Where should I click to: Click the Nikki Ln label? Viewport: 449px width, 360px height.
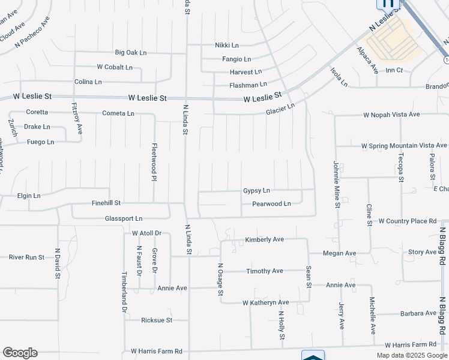click(227, 46)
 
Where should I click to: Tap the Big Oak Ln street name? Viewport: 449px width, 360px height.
click(131, 53)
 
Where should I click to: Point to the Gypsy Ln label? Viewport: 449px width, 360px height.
click(256, 191)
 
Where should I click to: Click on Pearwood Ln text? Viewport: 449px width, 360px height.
click(271, 204)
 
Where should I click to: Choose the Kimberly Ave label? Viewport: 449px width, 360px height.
click(264, 239)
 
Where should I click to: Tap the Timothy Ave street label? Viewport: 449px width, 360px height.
click(264, 271)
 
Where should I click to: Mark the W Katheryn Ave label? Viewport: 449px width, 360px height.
click(266, 302)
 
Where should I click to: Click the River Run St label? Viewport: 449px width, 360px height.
click(26, 257)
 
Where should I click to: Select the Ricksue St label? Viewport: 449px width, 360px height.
click(157, 320)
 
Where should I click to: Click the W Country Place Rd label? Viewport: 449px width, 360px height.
click(407, 221)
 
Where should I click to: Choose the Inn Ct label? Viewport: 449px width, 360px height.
click(394, 70)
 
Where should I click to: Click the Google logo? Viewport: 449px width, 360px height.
click(20, 353)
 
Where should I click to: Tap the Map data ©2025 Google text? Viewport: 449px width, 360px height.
click(412, 355)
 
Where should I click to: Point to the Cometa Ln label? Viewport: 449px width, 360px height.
click(118, 113)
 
